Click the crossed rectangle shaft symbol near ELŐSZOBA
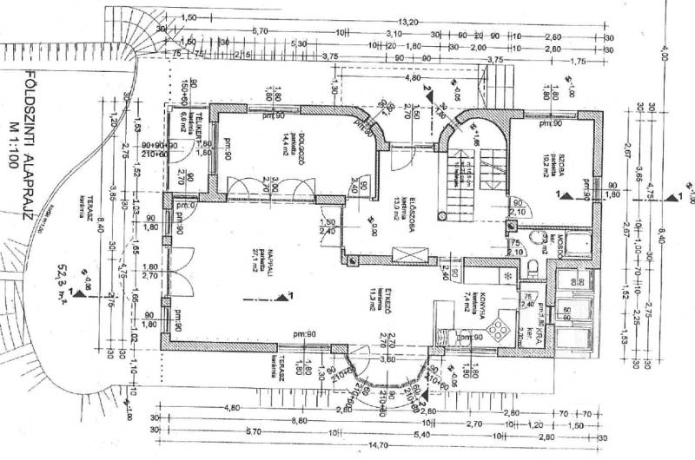pos(414,253)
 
